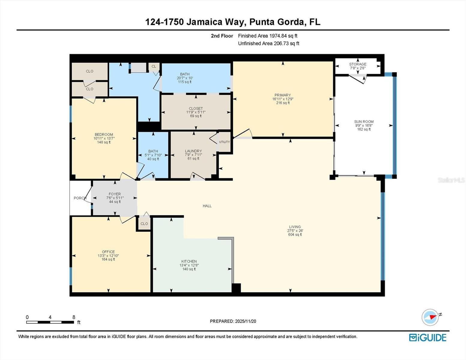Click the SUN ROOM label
364,121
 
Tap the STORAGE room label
358,64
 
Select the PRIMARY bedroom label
283,95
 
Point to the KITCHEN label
189,261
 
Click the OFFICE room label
108,252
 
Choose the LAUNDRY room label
193,151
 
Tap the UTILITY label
224,142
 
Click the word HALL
207,206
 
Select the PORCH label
80,198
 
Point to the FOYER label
115,194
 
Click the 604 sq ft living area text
295,235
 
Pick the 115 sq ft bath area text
185,82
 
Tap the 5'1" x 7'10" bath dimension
153,155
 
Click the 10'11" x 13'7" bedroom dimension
104,138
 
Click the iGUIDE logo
428,337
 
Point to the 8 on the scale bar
74,317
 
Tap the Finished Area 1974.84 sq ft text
268,36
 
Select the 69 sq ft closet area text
196,116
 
